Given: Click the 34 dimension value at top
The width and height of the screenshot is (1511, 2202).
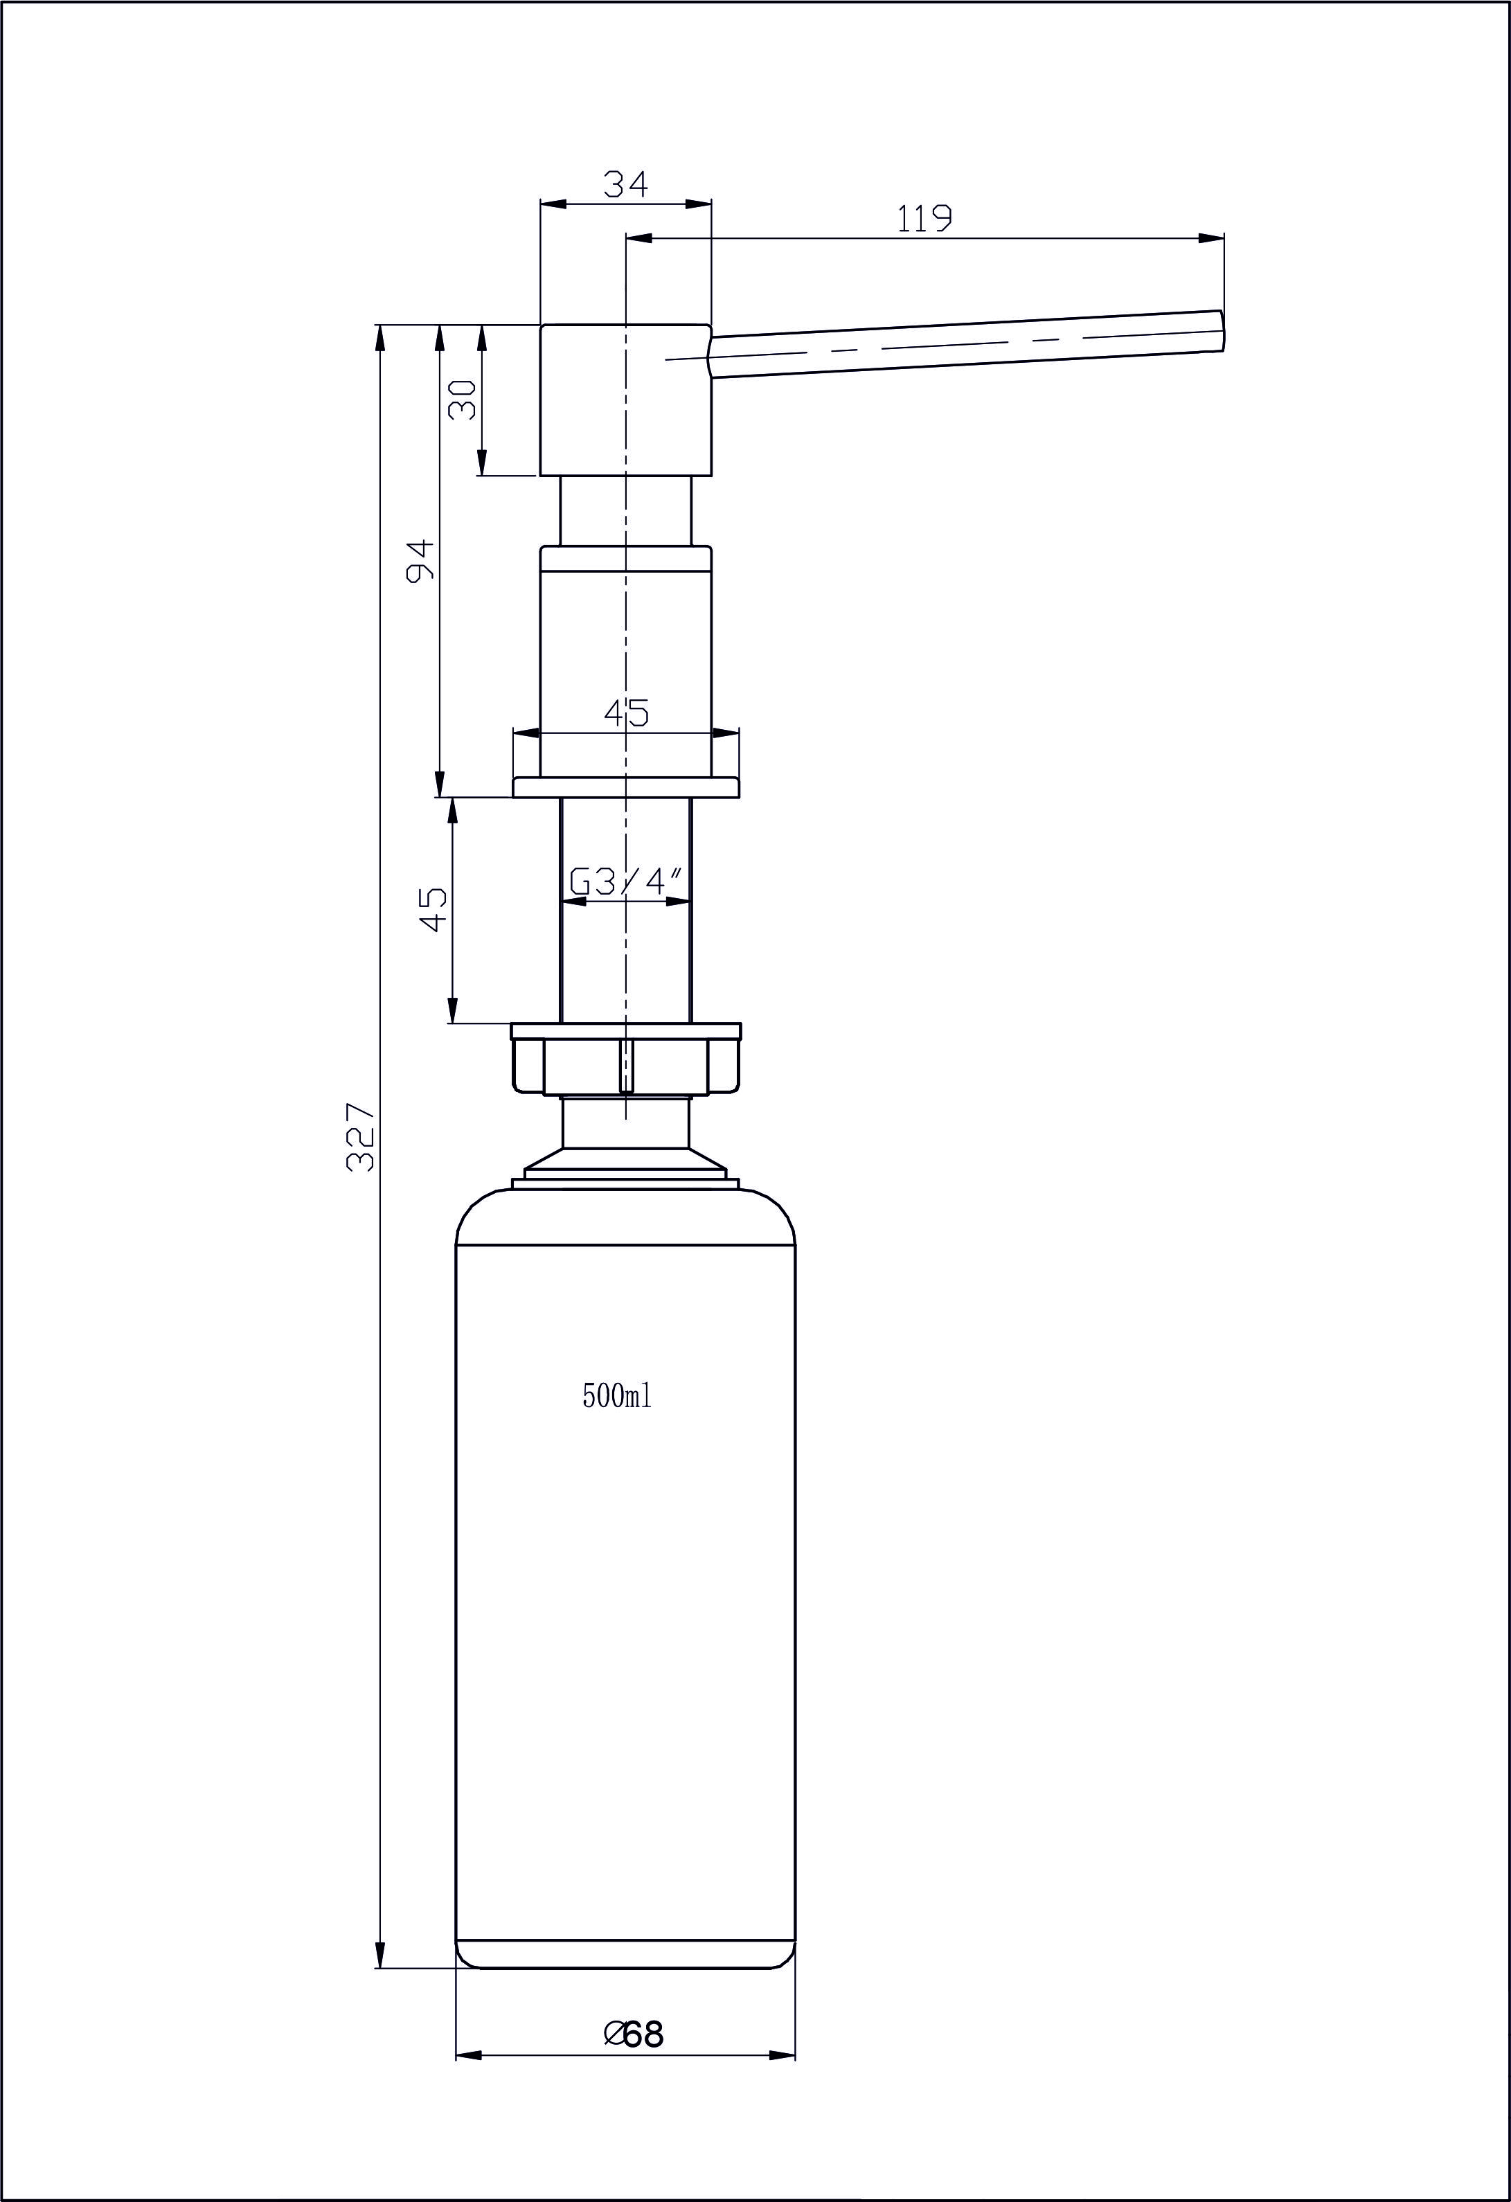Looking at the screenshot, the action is coord(626,183).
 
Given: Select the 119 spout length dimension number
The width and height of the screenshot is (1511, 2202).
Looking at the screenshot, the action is coord(924,219).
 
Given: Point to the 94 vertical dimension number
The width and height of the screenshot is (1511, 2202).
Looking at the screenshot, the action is coord(420,560).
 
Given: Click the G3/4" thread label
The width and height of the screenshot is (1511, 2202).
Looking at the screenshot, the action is coord(626,882).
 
